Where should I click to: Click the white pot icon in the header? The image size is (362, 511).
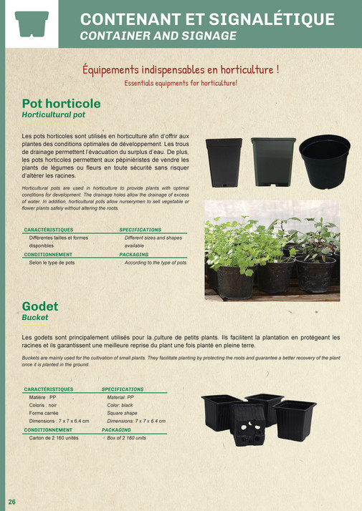click(x=32, y=24)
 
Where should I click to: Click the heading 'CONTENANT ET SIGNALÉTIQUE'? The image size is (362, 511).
click(x=207, y=19)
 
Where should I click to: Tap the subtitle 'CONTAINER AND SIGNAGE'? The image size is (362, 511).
click(x=158, y=35)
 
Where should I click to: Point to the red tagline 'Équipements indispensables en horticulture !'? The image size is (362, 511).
click(x=181, y=69)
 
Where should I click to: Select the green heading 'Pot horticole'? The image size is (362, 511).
click(x=62, y=104)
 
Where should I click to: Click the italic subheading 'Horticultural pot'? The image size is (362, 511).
click(x=54, y=115)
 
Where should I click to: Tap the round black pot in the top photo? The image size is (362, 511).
click(x=324, y=161)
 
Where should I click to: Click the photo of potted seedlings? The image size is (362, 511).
click(x=272, y=250)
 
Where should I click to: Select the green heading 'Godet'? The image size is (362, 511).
click(x=40, y=306)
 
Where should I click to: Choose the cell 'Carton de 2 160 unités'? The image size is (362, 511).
click(x=54, y=437)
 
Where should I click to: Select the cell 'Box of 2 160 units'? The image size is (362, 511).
click(x=127, y=437)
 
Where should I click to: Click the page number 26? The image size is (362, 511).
click(x=12, y=500)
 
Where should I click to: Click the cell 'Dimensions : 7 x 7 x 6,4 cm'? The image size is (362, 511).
click(x=59, y=421)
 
